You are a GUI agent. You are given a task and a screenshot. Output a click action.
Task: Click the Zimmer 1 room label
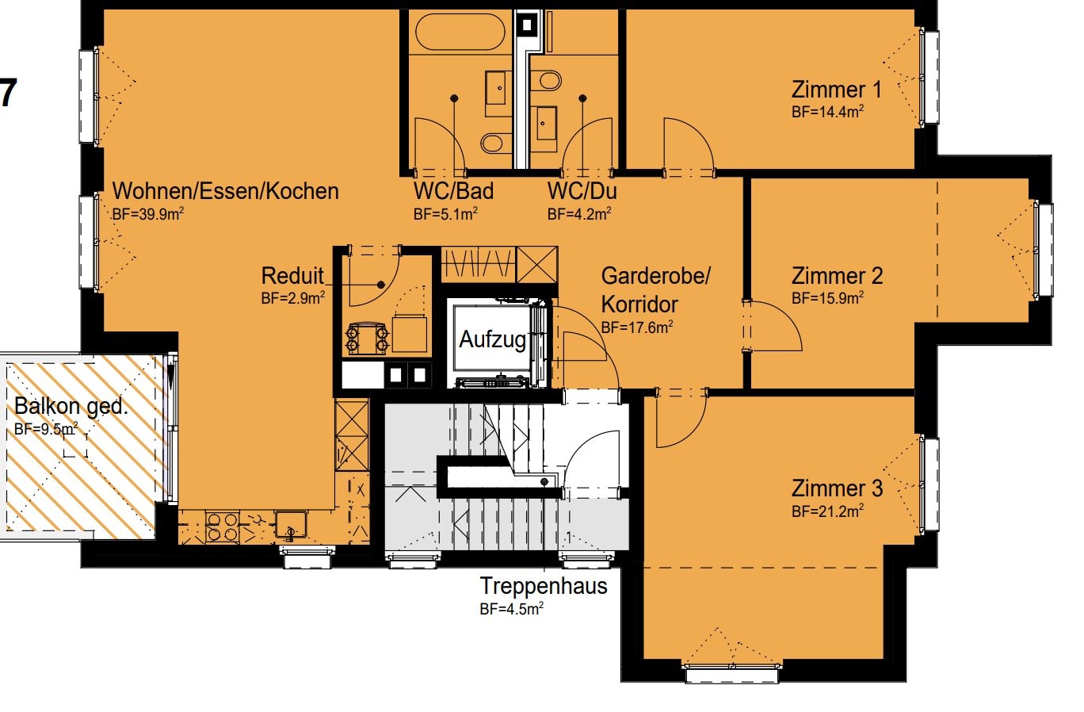point(836,90)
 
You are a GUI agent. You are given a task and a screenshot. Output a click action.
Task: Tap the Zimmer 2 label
point(838,276)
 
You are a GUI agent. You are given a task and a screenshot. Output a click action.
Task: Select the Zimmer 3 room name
point(838,488)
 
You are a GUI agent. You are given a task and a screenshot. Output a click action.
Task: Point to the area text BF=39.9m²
point(148,214)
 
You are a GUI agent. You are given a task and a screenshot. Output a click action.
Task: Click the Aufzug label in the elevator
point(492,339)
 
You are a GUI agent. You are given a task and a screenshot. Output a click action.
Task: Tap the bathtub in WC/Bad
point(460,32)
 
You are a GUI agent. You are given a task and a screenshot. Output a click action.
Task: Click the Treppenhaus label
point(544,586)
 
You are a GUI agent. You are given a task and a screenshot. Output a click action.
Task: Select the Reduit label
point(292,276)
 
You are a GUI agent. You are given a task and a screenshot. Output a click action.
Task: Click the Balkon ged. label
point(71,406)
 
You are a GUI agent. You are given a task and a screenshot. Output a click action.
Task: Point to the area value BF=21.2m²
point(827,511)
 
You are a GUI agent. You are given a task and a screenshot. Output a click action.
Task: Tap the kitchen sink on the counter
point(291,525)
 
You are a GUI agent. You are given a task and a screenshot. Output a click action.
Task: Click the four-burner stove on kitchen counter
point(222,527)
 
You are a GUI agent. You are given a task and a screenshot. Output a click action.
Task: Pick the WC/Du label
point(582,191)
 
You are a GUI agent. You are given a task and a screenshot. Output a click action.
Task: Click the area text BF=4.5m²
point(512,609)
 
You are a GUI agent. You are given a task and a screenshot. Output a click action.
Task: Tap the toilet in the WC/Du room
point(546,81)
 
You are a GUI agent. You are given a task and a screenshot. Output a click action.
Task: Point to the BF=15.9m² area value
point(827,298)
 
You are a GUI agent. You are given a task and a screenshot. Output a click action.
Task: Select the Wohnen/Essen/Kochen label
point(226,191)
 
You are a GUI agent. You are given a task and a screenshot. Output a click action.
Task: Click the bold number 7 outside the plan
point(8,93)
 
